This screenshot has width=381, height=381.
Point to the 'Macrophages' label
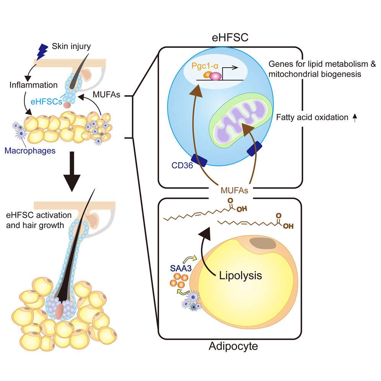coord(30,151)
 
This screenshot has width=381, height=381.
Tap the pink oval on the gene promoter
coord(215,76)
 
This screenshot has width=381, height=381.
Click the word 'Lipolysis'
coord(240,275)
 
